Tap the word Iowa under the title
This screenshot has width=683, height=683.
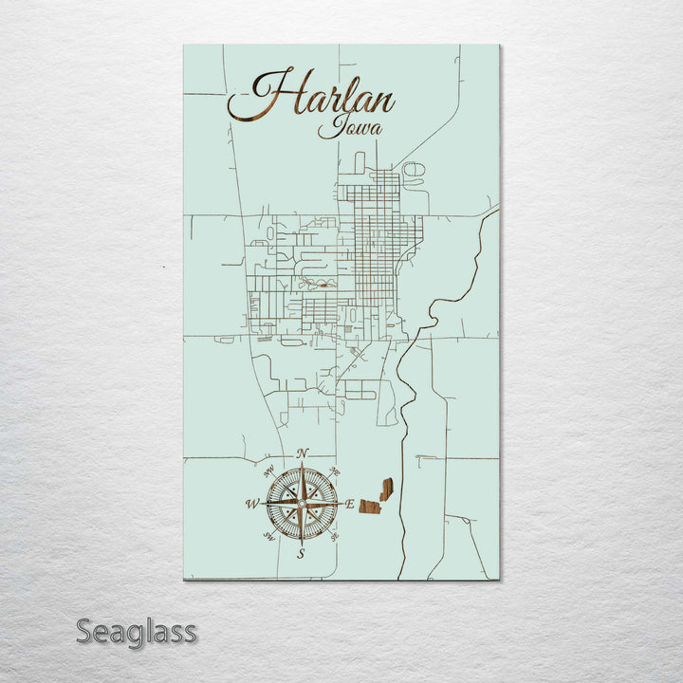[344, 126]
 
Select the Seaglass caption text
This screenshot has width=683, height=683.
[137, 631]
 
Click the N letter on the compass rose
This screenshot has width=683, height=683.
[302, 453]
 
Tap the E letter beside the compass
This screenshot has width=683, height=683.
[349, 505]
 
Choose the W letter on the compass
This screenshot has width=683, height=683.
[252, 504]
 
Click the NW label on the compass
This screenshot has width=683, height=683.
[268, 470]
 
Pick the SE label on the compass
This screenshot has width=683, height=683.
[335, 538]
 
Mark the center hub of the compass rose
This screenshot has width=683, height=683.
[302, 504]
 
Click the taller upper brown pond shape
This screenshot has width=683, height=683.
[386, 489]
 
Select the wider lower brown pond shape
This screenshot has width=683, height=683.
[370, 508]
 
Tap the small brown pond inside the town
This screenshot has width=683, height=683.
[324, 283]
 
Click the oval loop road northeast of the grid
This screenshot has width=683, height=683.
[414, 172]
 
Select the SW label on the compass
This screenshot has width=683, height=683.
[268, 538]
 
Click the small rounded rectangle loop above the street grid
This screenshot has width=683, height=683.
[360, 162]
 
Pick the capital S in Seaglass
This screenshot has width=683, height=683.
[85, 631]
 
